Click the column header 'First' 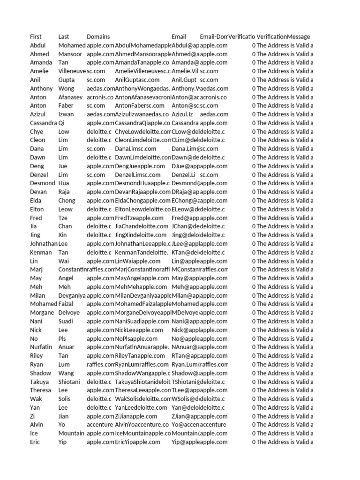36,37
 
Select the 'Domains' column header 98,37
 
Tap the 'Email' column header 179,37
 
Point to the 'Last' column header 64,37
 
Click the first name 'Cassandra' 43,123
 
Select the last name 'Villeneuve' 72,71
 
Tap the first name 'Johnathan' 44,244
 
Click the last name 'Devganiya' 72,295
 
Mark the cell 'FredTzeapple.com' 139,218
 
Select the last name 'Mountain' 71,434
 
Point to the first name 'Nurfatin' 41,347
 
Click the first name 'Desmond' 42,183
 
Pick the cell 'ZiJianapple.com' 136,416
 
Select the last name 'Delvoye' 69,313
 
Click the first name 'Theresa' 40,390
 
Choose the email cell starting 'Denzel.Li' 183,175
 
